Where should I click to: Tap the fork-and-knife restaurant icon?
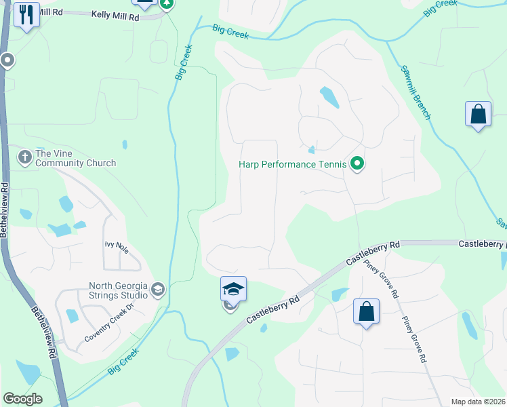(26, 14)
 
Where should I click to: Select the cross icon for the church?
(25, 157)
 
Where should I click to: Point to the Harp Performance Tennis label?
(292, 164)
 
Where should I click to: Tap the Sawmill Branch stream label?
(415, 92)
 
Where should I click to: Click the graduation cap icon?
(233, 290)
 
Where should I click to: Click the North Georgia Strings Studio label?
(119, 290)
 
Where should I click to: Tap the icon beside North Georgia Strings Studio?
(158, 290)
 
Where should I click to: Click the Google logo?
(22, 399)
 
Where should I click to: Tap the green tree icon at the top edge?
(165, 4)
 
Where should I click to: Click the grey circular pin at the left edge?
(7, 61)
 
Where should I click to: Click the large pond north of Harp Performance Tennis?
(329, 98)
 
